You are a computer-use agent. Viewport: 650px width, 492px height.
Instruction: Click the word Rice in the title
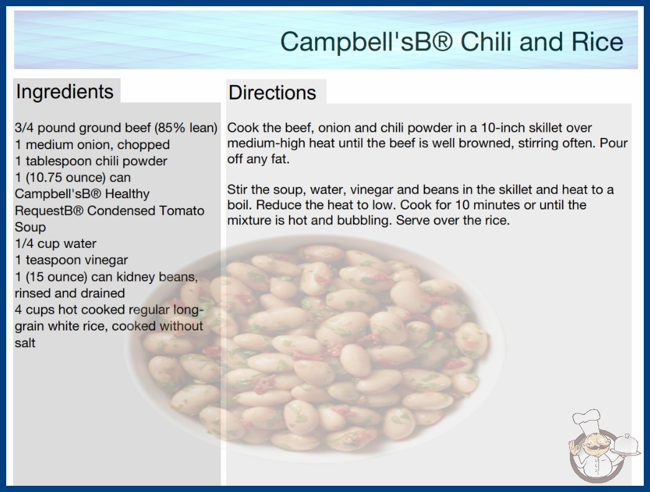click(x=597, y=42)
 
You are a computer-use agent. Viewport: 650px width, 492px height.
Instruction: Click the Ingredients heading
click(x=65, y=91)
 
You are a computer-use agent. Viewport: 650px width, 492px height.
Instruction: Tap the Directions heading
click(x=272, y=93)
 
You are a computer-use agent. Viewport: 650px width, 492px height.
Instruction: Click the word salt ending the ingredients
click(x=25, y=343)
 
